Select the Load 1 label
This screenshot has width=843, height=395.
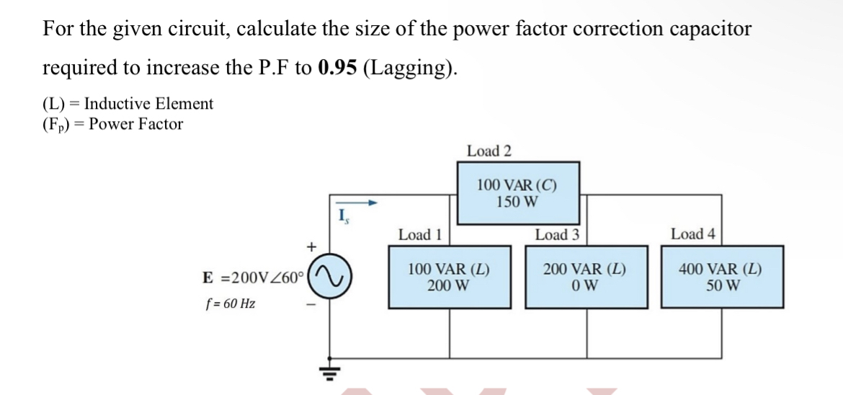420,234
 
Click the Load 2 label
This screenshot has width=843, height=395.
489,151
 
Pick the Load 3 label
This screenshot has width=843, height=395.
557,234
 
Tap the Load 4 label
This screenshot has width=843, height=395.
692,234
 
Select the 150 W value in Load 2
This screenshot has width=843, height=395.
517,201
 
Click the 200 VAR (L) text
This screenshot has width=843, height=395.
584,270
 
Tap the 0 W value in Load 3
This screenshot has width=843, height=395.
584,285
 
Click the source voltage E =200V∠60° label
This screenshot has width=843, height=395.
255,278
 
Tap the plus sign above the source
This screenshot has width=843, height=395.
311,247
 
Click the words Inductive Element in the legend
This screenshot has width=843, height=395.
148,104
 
